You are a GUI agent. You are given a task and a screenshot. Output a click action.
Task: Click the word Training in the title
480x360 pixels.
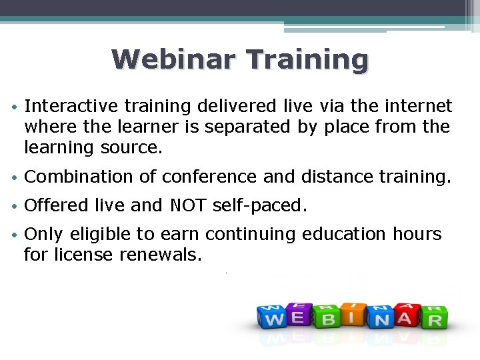coord(307,59)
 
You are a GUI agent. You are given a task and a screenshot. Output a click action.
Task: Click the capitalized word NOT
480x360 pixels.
coord(189,205)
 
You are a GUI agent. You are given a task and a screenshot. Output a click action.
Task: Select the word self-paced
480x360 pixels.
coord(259,205)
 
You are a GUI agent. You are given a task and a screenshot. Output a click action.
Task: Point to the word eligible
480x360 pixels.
coord(105,234)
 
